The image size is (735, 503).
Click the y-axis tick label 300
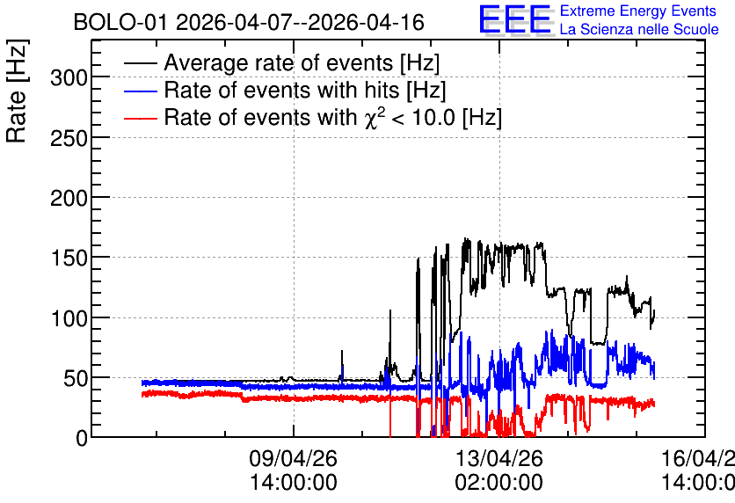69,77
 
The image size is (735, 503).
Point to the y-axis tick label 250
69,138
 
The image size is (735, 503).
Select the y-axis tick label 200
69,198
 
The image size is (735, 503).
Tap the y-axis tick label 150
69,258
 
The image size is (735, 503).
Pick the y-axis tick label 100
69,318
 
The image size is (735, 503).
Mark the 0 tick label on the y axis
82,438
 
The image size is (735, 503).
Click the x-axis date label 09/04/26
293,458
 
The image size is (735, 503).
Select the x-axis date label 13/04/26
498,458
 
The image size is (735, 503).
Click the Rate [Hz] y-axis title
17,91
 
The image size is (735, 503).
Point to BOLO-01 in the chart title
120,23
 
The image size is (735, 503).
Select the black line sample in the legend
140,62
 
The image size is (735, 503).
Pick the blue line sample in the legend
140,91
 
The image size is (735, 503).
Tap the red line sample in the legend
140,118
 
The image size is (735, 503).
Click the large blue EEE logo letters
514,20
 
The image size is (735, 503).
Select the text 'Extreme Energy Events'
638,11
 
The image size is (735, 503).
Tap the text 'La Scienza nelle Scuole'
639,29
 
